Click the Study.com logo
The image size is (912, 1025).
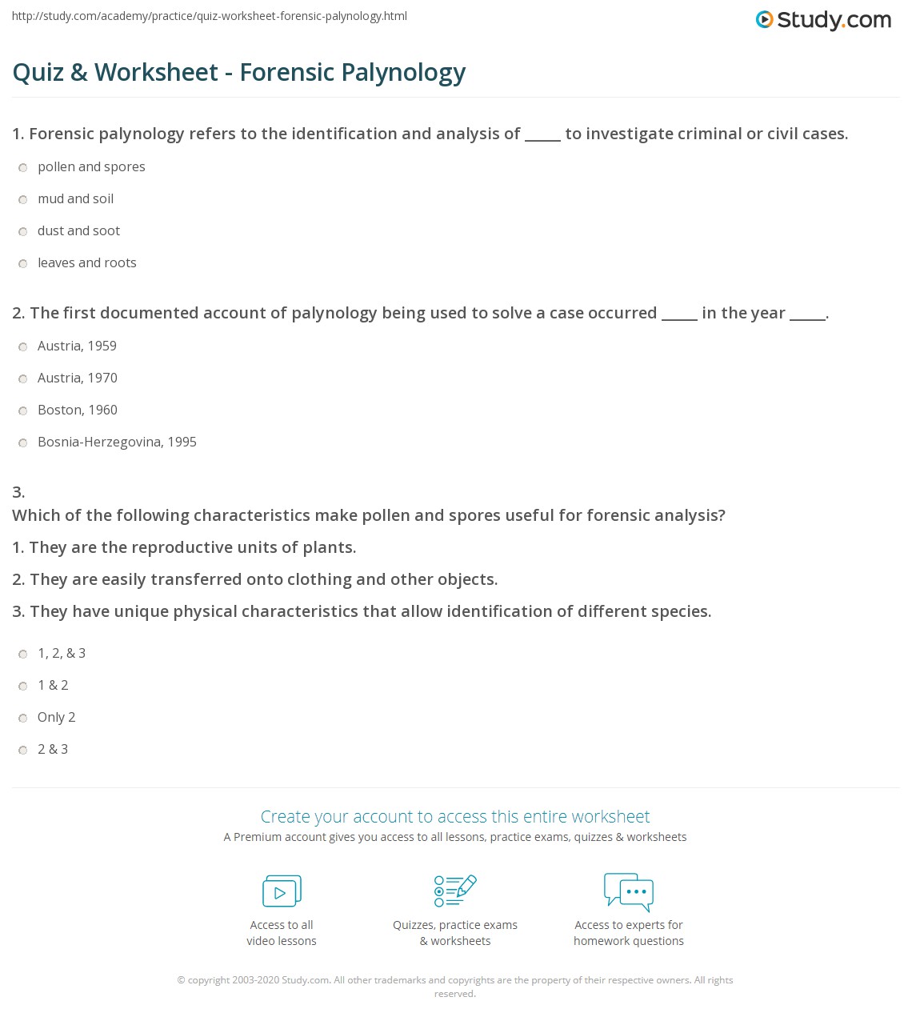tap(823, 20)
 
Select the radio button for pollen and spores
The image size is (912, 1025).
tap(23, 167)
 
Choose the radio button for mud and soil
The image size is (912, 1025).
tap(23, 199)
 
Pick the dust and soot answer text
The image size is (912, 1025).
tap(78, 230)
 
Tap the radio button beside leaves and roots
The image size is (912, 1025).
tap(23, 263)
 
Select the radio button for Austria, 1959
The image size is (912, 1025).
tap(23, 346)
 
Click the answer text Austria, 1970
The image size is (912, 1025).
tap(78, 378)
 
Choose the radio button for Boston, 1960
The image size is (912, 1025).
tap(23, 410)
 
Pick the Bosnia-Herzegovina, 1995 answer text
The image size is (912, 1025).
tap(117, 442)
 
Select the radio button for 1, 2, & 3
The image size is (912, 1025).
tap(23, 654)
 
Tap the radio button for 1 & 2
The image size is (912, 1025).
tap(23, 686)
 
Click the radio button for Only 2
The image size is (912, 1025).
tap(23, 718)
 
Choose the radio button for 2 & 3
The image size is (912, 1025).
tap(23, 750)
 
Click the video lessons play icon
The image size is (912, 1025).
tap(282, 891)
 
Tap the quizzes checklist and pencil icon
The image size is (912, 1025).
tap(455, 891)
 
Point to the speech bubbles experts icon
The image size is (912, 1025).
tap(629, 891)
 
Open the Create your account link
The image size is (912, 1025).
tap(454, 816)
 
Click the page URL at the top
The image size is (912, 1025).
tap(210, 16)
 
